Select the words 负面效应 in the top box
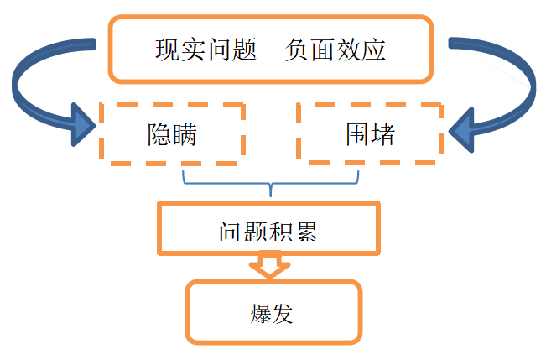pos(335,50)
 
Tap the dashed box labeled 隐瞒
pos(172,133)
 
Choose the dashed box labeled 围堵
pos(370,133)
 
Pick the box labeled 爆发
pos(273,312)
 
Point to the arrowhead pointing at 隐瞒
pos(84,125)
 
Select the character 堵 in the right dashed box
pos(382,133)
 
